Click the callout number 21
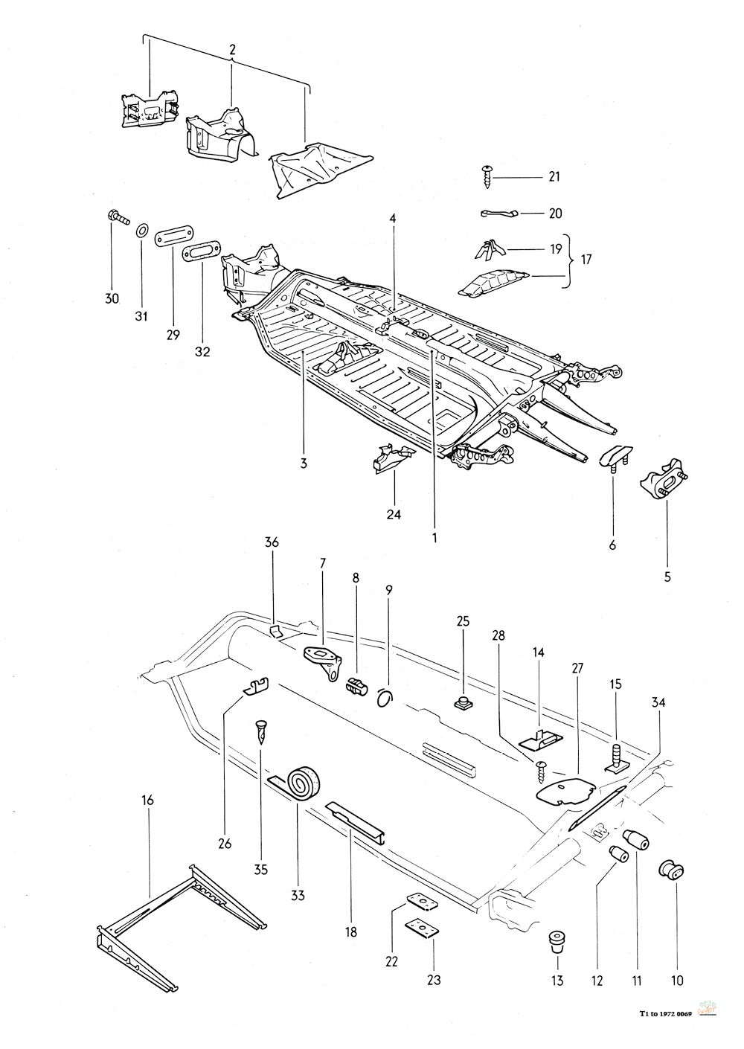[553, 177]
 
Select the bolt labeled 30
[118, 217]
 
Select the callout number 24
[394, 513]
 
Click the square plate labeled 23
[420, 927]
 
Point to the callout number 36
[272, 543]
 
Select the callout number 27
[577, 668]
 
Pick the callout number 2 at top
[232, 51]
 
